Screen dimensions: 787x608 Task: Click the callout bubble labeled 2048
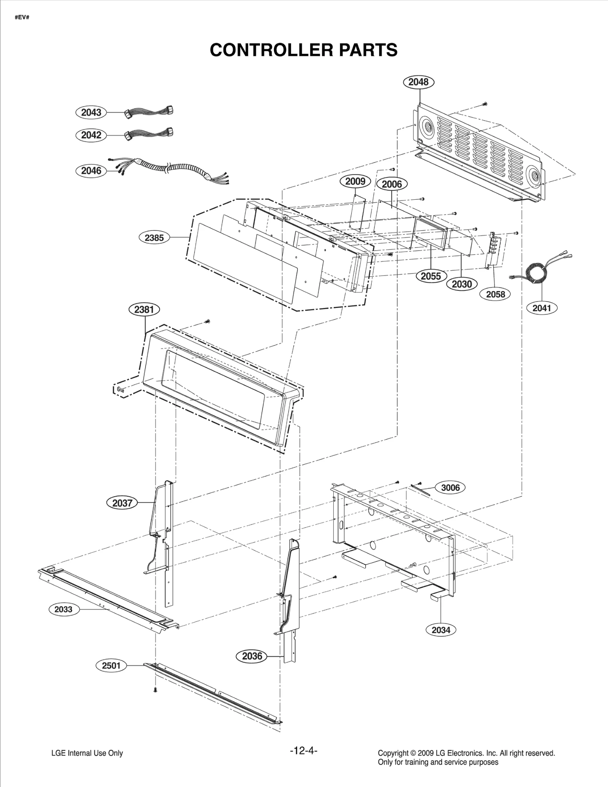[418, 82]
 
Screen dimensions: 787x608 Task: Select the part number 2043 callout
[91, 112]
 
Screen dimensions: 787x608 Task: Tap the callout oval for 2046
[91, 171]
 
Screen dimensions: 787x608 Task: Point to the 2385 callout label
[154, 238]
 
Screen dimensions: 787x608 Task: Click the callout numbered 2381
[144, 309]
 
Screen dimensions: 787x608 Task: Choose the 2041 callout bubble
[541, 308]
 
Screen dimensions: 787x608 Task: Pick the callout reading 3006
[450, 487]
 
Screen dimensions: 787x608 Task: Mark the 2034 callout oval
[441, 630]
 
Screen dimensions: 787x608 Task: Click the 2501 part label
[111, 666]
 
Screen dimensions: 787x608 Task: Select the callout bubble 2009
[355, 181]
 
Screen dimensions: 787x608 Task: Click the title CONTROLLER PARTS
[304, 50]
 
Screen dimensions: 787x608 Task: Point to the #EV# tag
[22, 18]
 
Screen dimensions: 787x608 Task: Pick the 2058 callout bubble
[496, 294]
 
